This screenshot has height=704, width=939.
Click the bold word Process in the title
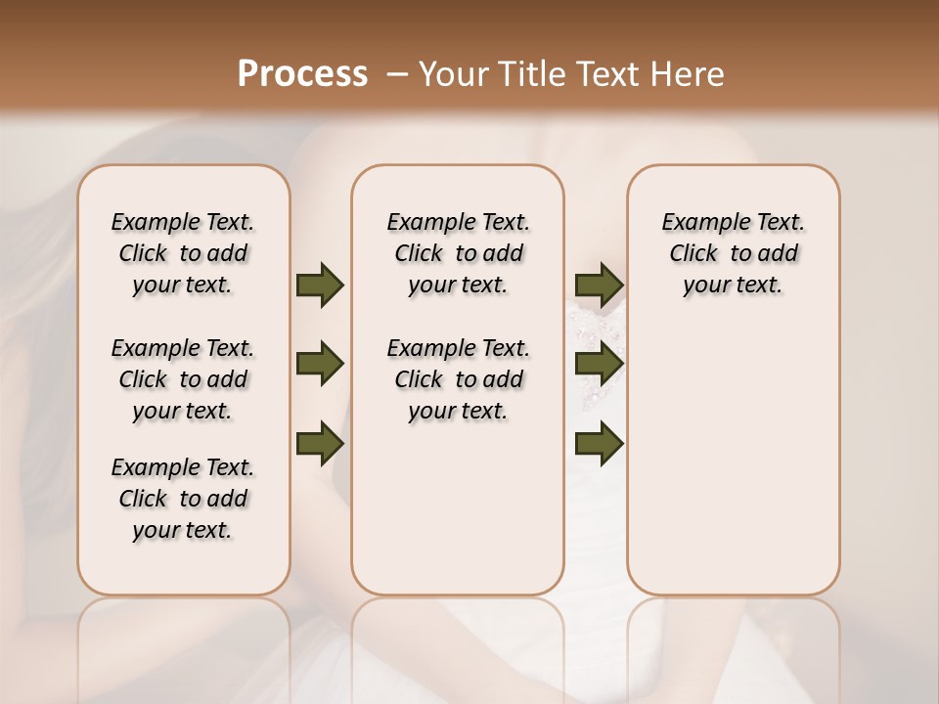click(302, 73)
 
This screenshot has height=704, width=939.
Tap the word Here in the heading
click(691, 74)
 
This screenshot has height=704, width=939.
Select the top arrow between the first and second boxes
click(320, 286)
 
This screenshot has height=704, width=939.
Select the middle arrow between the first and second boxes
click(320, 365)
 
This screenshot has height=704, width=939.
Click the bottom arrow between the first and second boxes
click(320, 444)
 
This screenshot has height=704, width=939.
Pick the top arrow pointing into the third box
click(599, 286)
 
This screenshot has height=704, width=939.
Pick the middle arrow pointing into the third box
click(599, 365)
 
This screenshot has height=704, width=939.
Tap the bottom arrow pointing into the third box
click(599, 444)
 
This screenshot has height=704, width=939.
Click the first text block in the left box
click(183, 253)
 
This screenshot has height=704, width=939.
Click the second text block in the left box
click(183, 379)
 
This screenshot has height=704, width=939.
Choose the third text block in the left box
click(183, 499)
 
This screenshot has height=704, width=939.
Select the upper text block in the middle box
click(458, 253)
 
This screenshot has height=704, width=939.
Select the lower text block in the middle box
click(458, 379)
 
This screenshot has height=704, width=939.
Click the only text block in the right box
click(733, 253)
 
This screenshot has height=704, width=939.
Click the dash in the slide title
click(397, 74)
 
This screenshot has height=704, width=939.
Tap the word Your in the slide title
click(451, 74)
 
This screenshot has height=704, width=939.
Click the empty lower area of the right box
click(733, 469)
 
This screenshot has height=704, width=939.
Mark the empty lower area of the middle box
click(458, 518)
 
